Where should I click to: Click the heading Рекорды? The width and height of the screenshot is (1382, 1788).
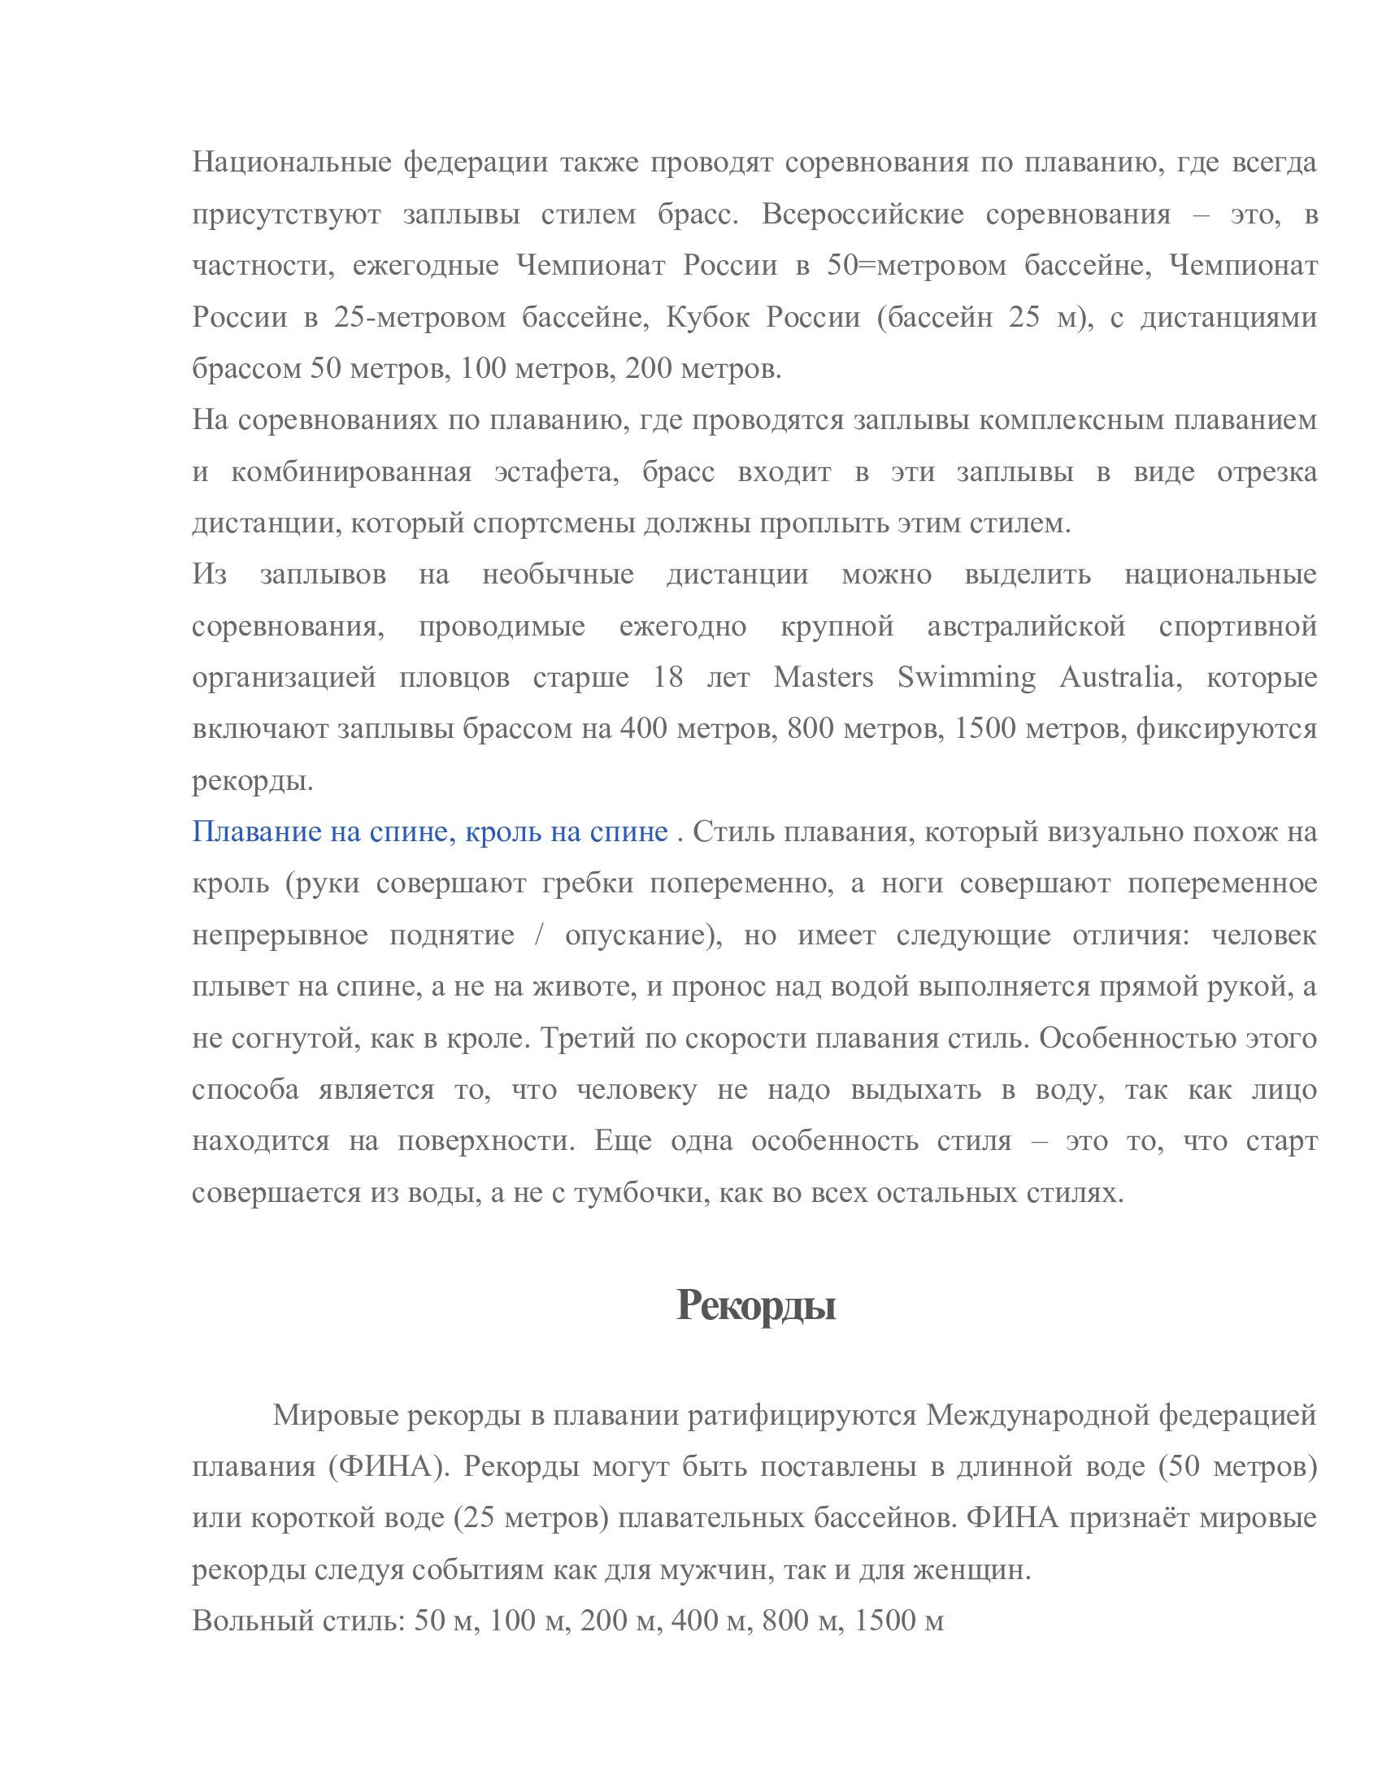tap(755, 1305)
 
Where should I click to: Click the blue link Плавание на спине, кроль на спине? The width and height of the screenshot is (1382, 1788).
tap(430, 831)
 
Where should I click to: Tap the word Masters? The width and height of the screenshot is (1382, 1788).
tap(823, 677)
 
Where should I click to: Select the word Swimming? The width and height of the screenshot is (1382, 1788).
tap(966, 677)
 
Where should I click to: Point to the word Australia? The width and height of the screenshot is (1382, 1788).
tap(1119, 677)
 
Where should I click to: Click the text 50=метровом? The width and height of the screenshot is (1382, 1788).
tap(916, 265)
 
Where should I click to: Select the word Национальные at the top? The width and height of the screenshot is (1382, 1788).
tap(292, 162)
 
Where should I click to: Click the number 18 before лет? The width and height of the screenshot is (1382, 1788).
tap(668, 677)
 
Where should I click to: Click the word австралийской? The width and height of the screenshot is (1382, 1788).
tap(1026, 626)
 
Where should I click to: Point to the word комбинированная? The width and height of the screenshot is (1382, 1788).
tap(351, 471)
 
